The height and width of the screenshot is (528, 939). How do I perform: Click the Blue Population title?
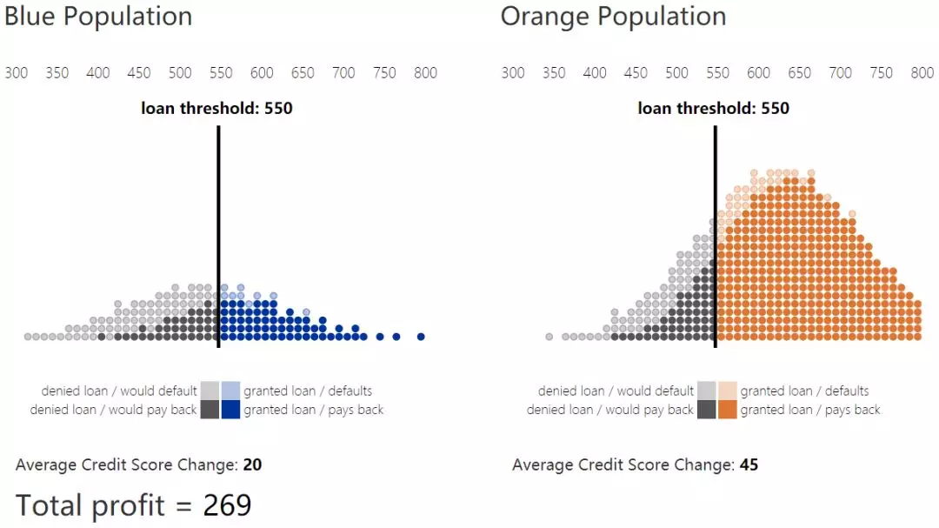[x=98, y=17]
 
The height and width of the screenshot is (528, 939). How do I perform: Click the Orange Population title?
[x=613, y=17]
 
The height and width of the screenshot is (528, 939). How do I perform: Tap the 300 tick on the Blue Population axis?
[x=17, y=73]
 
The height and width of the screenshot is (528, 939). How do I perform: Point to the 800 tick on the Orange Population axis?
[x=922, y=73]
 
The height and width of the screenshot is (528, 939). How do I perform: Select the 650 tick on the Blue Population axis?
[x=303, y=73]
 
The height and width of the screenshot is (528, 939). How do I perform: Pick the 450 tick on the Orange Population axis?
[x=636, y=73]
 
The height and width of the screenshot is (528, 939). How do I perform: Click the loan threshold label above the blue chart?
[x=216, y=109]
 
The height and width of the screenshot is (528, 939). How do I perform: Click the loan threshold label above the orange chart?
[x=713, y=109]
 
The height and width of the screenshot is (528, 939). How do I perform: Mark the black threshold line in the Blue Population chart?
[x=218, y=235]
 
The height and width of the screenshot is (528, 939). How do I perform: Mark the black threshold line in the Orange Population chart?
[x=715, y=235]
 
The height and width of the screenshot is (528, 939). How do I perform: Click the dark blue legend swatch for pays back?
[x=230, y=410]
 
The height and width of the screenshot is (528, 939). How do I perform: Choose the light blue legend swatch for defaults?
[x=230, y=391]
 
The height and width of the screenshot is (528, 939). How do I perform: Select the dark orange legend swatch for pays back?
[x=728, y=410]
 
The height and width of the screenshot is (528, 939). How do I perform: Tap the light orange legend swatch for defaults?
[x=728, y=391]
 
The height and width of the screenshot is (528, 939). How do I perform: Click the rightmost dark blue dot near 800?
[x=421, y=337]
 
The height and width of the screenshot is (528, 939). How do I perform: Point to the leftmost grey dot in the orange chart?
[x=549, y=337]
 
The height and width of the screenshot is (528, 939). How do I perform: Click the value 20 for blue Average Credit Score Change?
[x=252, y=465]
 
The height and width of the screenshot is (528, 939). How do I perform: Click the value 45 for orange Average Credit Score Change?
[x=749, y=465]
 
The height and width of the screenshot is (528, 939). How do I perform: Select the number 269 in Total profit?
[x=227, y=505]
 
